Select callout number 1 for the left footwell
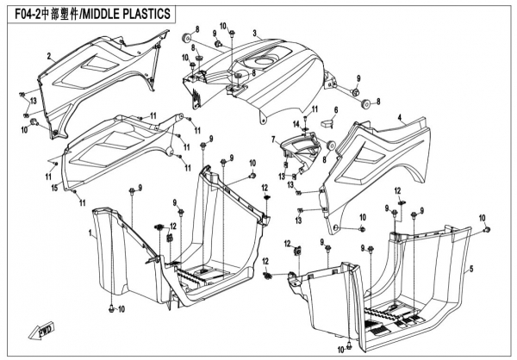(x=90, y=233)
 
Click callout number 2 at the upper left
(x=49, y=55)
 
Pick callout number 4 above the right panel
(x=399, y=115)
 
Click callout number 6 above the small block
(x=336, y=109)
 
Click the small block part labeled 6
(x=326, y=126)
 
